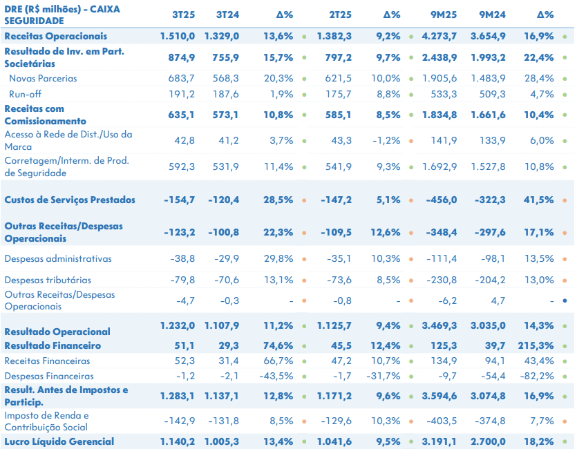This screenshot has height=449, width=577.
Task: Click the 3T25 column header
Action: (183, 15)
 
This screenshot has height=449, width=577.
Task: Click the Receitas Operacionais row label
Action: (55, 36)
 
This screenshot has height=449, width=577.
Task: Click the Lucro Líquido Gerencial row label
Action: (59, 441)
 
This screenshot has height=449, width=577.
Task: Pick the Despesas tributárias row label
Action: (48, 280)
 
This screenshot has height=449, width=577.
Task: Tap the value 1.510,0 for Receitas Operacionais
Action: (178, 36)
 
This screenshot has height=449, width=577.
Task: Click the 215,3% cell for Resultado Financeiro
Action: (535, 345)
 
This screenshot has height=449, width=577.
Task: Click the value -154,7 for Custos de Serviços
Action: (180, 200)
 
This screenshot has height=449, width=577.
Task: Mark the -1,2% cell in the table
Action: (386, 140)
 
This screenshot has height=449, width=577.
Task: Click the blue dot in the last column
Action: (565, 300)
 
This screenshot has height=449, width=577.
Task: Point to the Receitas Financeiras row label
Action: (47, 361)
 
